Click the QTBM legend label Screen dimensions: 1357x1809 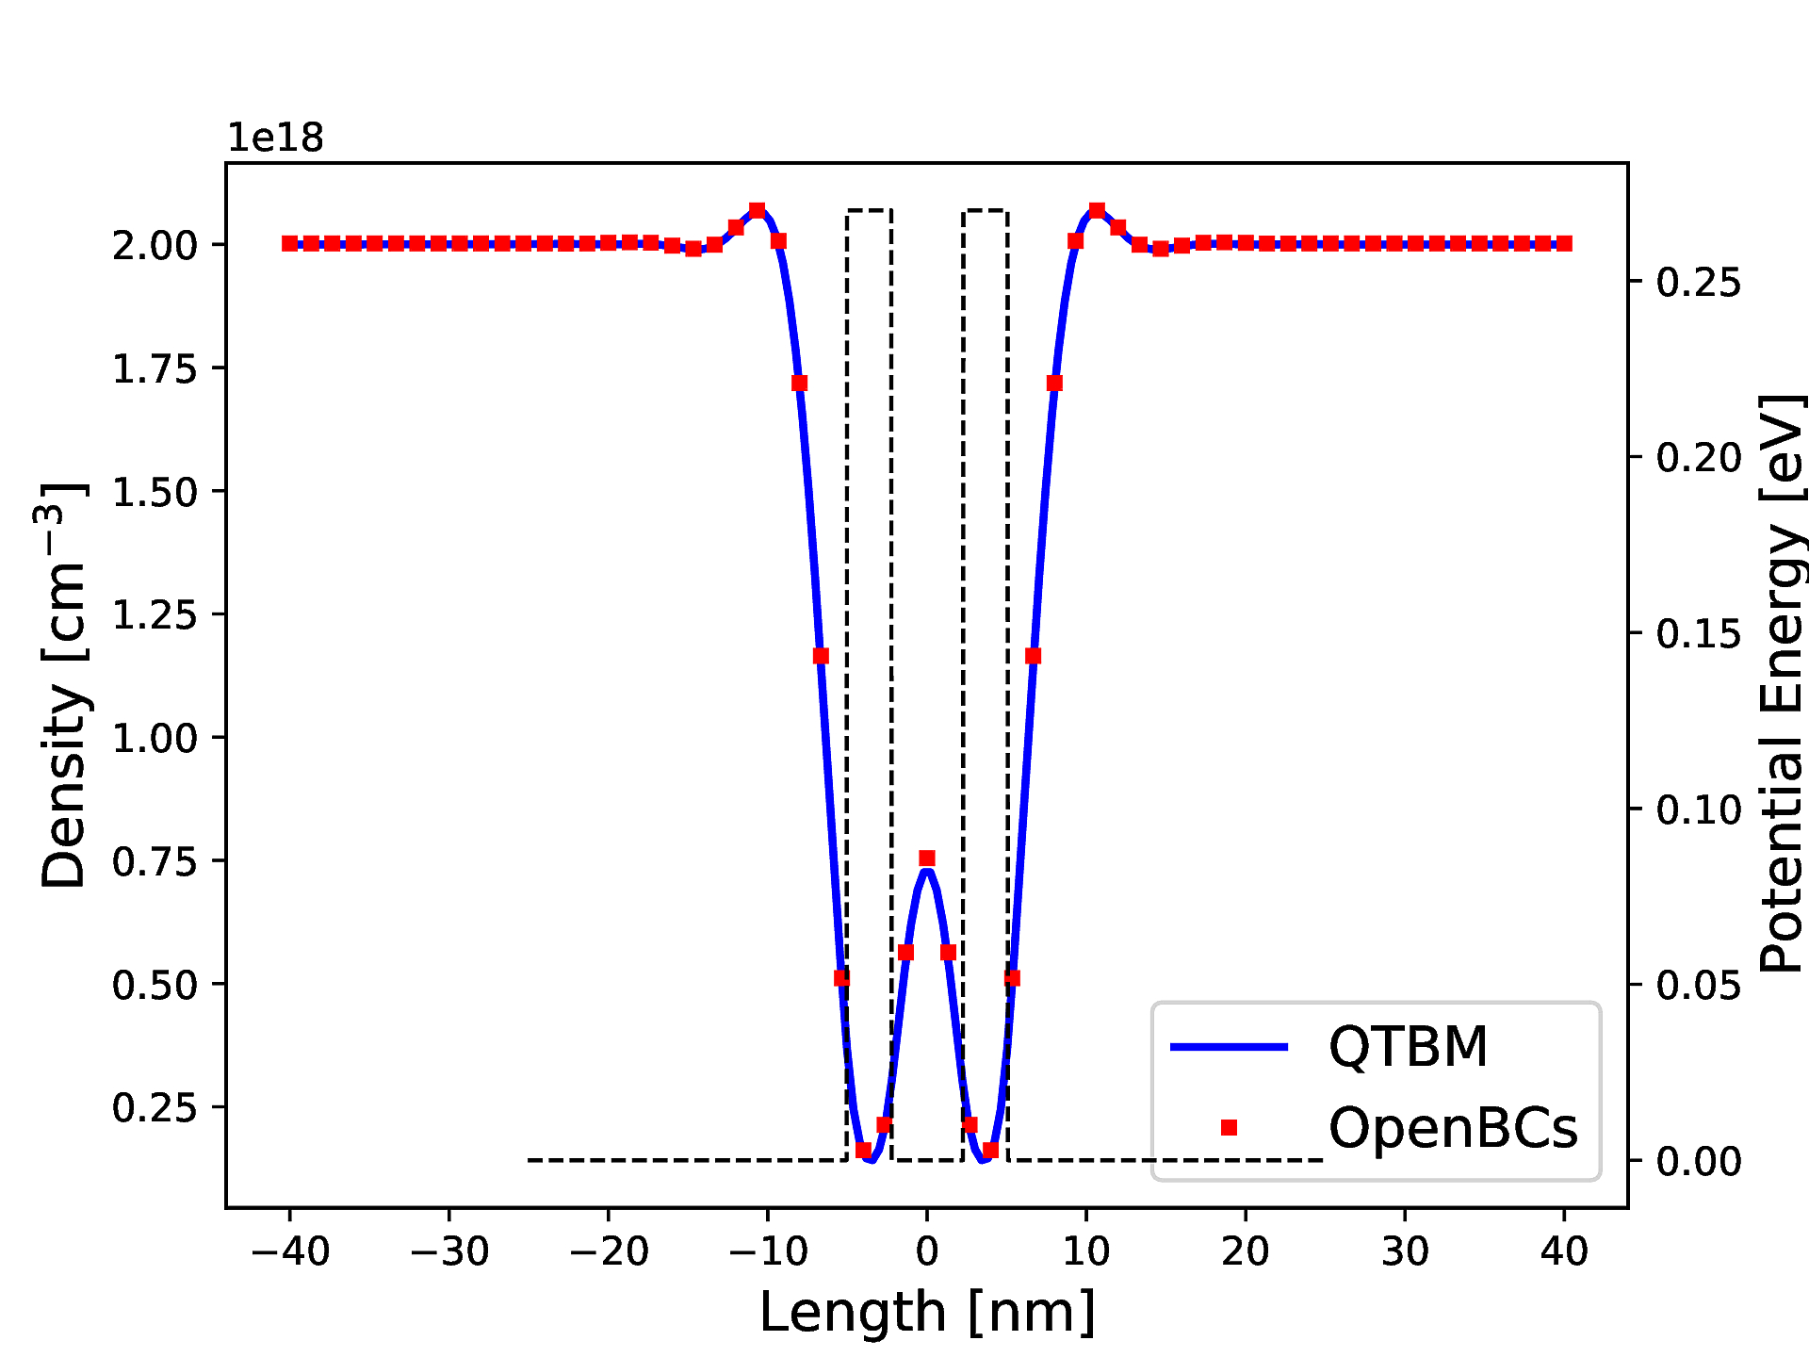1408,1047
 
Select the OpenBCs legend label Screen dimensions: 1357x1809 1452,1128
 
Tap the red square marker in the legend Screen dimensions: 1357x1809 1229,1128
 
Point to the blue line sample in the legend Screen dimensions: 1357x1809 1229,1047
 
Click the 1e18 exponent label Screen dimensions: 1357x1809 275,139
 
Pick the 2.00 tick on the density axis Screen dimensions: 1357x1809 155,246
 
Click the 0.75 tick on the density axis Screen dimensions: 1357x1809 155,861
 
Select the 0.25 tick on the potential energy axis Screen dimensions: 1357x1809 1698,282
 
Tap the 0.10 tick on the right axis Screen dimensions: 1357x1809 1698,809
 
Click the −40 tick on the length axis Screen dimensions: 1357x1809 290,1252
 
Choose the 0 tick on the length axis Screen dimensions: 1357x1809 927,1252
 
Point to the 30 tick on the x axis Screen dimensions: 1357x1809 1405,1252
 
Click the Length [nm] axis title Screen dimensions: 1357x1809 927,1312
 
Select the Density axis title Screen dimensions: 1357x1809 63,685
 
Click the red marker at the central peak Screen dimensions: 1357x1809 927,858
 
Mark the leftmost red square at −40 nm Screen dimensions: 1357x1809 290,244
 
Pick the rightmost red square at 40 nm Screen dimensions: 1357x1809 1564,244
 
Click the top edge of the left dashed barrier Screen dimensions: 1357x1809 869,210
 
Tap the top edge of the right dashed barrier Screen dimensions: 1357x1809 986,210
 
